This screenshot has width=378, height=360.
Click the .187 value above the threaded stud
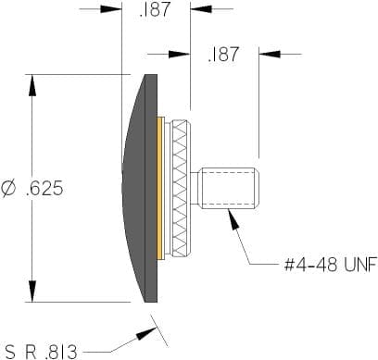coord(223,55)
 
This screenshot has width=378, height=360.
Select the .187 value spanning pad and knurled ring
coord(155,9)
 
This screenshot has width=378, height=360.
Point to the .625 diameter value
coord(44,188)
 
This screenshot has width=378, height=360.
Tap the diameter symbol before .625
coord(8,189)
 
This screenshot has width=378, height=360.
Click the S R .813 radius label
coord(42,352)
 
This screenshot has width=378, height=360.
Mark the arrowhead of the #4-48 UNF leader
coord(233,219)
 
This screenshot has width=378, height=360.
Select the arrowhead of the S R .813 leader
coord(146,333)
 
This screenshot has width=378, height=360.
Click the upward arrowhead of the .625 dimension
coord(32,85)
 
